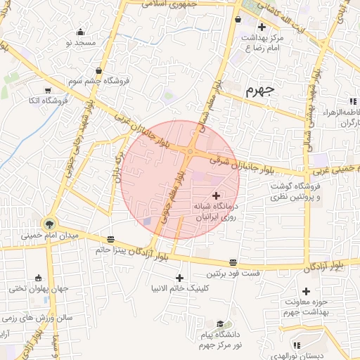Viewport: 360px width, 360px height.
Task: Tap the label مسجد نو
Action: pyautogui.click(x=80, y=43)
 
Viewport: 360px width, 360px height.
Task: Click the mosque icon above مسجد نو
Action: pyautogui.click(x=80, y=32)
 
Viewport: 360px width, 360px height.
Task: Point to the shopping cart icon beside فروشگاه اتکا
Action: pyautogui.click(x=48, y=90)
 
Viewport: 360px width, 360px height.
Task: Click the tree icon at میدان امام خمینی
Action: pyautogui.click(x=49, y=224)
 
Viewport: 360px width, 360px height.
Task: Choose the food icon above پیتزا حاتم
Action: pyautogui.click(x=110, y=239)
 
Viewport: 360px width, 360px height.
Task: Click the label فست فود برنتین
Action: pyautogui.click(x=233, y=273)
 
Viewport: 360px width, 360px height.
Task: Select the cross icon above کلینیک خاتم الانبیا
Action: pyautogui.click(x=180, y=278)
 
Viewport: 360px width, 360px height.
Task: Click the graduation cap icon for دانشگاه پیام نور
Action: pyautogui.click(x=221, y=323)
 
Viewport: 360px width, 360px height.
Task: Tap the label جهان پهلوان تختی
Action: pyautogui.click(x=37, y=288)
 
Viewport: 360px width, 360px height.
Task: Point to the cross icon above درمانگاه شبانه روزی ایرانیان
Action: pyautogui.click(x=215, y=195)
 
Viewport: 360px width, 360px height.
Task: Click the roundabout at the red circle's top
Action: pyautogui.click(x=190, y=152)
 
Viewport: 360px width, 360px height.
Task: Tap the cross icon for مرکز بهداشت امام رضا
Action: pyautogui.click(x=262, y=27)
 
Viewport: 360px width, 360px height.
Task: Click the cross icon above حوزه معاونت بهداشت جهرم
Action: pyautogui.click(x=306, y=291)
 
